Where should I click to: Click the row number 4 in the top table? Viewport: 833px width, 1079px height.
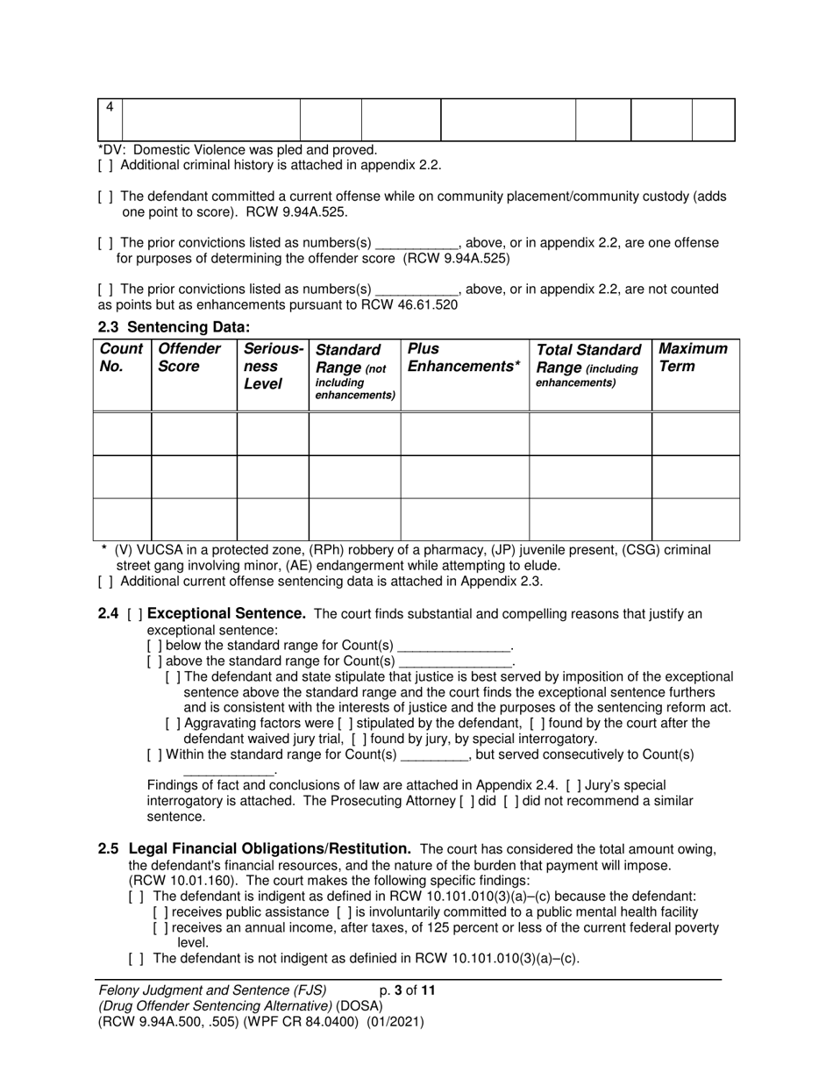(x=110, y=107)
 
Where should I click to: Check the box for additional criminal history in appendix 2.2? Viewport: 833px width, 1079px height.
(x=105, y=165)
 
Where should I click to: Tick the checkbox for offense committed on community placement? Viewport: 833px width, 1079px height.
(x=105, y=197)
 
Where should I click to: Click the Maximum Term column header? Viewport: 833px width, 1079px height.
(x=693, y=357)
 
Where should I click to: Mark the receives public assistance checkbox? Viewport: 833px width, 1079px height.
(x=160, y=912)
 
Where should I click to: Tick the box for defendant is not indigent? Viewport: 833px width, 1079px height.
(x=135, y=958)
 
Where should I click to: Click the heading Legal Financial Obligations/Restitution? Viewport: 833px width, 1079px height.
(x=270, y=849)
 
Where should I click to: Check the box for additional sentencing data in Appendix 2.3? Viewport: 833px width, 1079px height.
(x=105, y=582)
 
